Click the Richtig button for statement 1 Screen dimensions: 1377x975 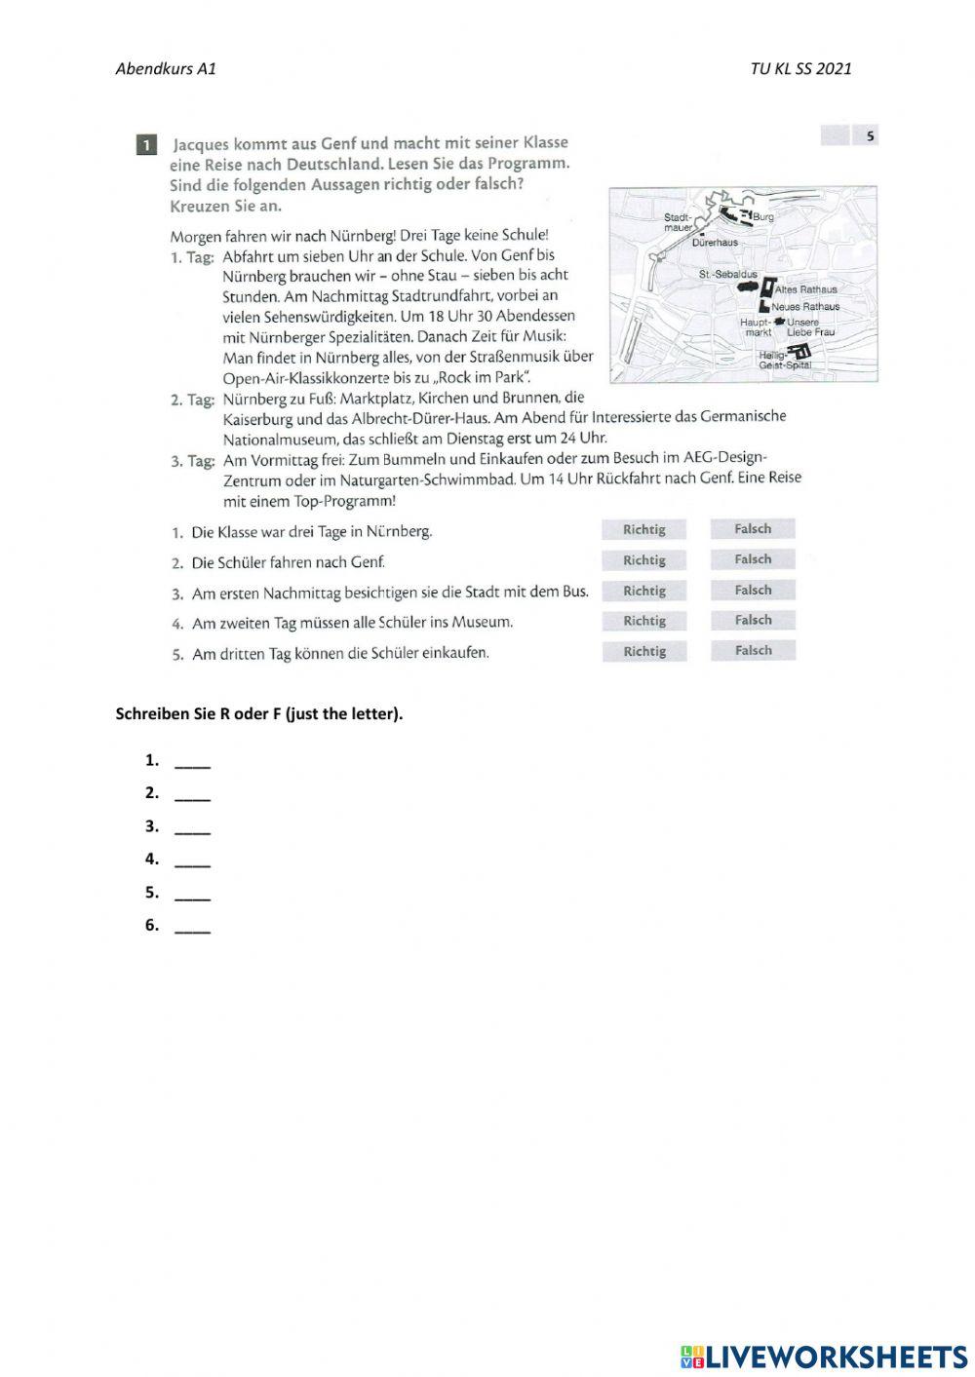point(643,529)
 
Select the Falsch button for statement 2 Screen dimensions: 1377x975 point(752,559)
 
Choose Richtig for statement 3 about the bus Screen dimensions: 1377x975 point(643,591)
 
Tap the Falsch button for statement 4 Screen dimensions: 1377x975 point(752,620)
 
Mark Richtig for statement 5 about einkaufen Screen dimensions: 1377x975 point(643,651)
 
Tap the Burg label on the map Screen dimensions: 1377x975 point(762,216)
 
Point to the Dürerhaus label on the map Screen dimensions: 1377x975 point(715,243)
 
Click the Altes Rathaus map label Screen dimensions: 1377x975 point(805,289)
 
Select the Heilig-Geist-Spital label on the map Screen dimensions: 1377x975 point(784,361)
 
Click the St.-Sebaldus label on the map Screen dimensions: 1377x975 point(727,275)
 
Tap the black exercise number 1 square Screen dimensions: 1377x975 point(146,145)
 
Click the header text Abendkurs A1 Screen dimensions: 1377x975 point(166,68)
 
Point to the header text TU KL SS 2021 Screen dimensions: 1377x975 point(800,68)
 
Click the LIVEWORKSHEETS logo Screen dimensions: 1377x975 point(824,1356)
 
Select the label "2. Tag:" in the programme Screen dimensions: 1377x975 point(192,400)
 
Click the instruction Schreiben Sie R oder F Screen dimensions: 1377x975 point(258,713)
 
